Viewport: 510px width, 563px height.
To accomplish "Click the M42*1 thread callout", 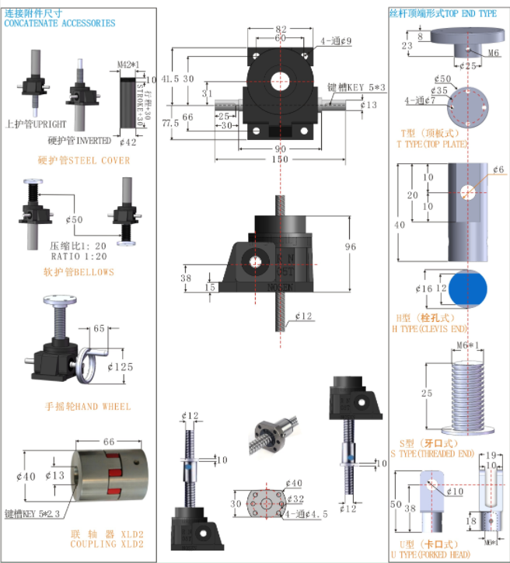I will point(129,64).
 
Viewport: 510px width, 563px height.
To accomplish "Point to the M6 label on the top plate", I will point(493,52).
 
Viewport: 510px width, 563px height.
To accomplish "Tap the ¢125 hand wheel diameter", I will point(121,365).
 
